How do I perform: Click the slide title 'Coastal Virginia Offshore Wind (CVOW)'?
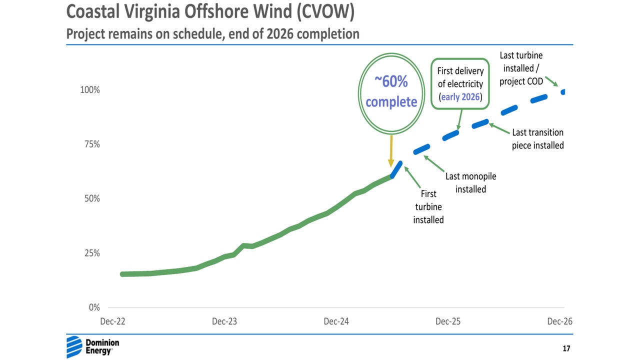[x=210, y=12]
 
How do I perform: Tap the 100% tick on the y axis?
[x=90, y=90]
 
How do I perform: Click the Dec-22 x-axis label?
[x=112, y=321]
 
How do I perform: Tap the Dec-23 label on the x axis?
[x=224, y=321]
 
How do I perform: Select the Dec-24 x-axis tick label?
[x=336, y=321]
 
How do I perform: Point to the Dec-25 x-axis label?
[x=448, y=321]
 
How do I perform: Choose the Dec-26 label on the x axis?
[x=559, y=321]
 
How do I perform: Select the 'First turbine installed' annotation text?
[x=428, y=206]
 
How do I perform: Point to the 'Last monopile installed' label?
[x=470, y=182]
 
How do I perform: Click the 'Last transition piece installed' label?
[x=537, y=139]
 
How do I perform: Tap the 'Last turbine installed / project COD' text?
[x=521, y=68]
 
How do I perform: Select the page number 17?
[x=566, y=348]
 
